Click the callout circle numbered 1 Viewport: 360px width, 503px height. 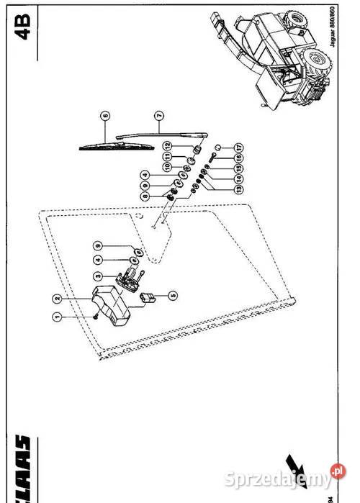(x=57, y=315)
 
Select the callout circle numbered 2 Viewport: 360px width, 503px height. (x=57, y=295)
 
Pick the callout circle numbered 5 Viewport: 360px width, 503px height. (x=172, y=294)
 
